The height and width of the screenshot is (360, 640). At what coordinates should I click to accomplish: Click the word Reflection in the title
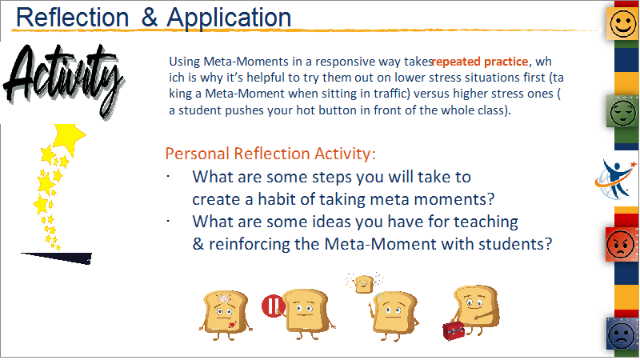(x=72, y=18)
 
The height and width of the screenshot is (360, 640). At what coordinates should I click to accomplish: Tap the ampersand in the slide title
(x=150, y=18)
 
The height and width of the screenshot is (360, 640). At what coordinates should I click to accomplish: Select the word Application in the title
(x=229, y=18)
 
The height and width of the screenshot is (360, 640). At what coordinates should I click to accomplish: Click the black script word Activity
(x=63, y=79)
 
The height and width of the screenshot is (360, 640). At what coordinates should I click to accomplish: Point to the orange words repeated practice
(x=480, y=62)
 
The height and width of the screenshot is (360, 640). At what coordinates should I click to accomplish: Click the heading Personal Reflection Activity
(x=270, y=154)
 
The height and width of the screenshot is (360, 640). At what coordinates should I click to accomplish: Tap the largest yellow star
(x=70, y=138)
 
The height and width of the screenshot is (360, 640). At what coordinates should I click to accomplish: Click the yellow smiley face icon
(x=623, y=24)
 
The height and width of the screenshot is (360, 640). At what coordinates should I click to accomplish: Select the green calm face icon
(x=622, y=112)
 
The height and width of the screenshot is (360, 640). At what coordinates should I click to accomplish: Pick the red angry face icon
(x=621, y=244)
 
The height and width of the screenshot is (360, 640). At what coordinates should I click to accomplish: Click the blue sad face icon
(x=622, y=334)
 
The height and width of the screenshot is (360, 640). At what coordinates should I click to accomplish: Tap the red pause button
(x=273, y=306)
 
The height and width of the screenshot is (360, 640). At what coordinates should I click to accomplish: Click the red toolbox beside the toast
(x=454, y=330)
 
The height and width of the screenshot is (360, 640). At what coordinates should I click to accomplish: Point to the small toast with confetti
(x=364, y=283)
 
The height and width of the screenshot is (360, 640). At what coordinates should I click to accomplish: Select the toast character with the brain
(x=226, y=314)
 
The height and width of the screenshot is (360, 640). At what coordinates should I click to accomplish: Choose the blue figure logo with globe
(x=615, y=179)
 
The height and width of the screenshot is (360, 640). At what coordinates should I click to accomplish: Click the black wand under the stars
(x=56, y=258)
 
